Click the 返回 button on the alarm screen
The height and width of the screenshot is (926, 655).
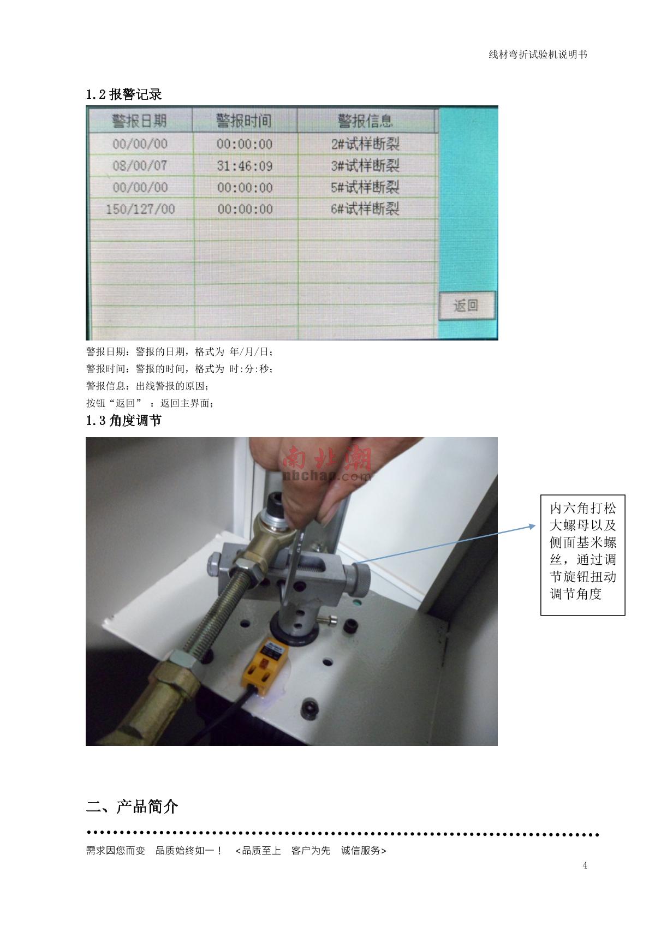tap(467, 306)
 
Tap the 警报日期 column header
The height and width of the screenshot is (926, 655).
tap(140, 121)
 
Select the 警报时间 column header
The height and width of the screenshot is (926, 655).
tap(245, 121)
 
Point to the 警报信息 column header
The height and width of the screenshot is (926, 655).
tap(366, 121)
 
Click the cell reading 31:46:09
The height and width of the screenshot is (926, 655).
tap(245, 166)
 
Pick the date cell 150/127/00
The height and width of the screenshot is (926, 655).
tap(140, 209)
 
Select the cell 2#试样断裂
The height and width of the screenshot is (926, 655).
tap(365, 144)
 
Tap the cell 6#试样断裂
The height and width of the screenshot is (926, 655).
tap(365, 209)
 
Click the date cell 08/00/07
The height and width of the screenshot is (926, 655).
tap(140, 166)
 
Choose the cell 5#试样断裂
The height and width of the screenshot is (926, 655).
tap(365, 187)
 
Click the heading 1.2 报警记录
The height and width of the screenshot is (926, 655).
tap(124, 94)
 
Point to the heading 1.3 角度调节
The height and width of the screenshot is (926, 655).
tap(124, 421)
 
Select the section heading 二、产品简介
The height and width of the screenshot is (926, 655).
tap(132, 806)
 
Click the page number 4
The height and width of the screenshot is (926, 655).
tap(585, 865)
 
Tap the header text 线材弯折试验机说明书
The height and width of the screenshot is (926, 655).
tap(538, 55)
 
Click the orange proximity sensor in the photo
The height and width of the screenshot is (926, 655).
tap(265, 664)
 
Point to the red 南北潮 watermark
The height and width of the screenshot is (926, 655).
tap(327, 459)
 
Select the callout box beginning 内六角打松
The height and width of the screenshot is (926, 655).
tap(582, 555)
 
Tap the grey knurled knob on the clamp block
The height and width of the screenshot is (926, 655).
tap(359, 577)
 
